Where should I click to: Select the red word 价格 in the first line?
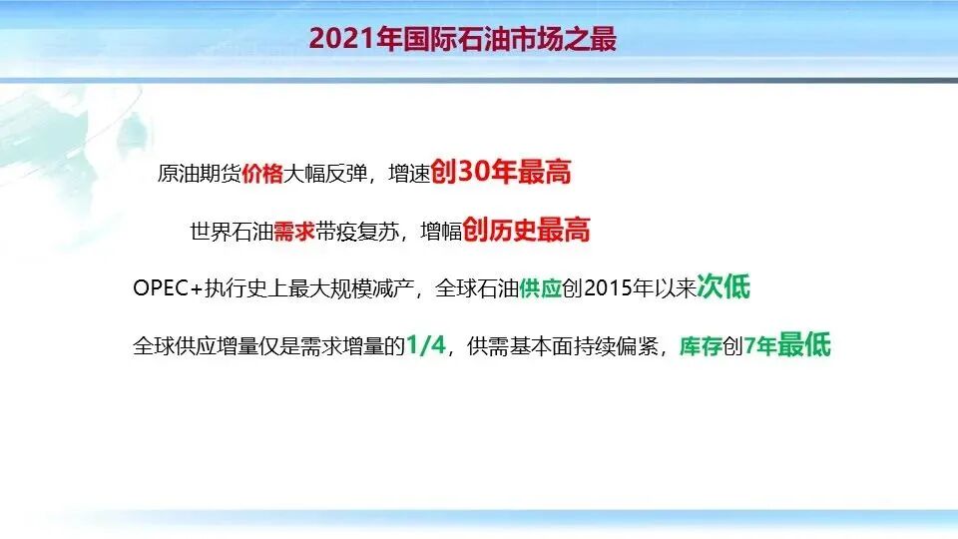coord(262,174)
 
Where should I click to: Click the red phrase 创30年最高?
coord(502,173)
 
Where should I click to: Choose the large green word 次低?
coord(723,288)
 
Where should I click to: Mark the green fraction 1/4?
coord(426,346)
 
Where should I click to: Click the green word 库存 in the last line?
coord(701,347)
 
